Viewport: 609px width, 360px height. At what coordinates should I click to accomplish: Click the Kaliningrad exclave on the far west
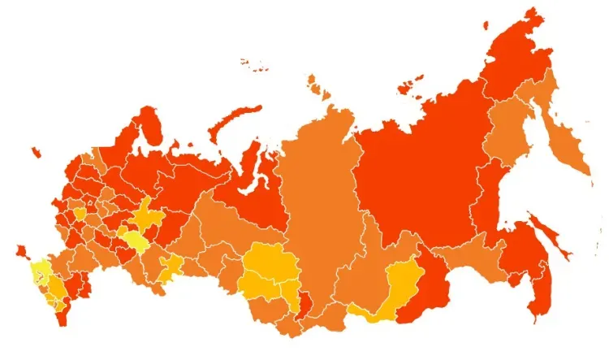pyautogui.click(x=35, y=151)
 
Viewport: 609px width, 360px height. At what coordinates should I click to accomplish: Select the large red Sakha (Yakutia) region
pyautogui.click(x=414, y=171)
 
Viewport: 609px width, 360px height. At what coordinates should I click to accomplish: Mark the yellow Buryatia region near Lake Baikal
pyautogui.click(x=398, y=288)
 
